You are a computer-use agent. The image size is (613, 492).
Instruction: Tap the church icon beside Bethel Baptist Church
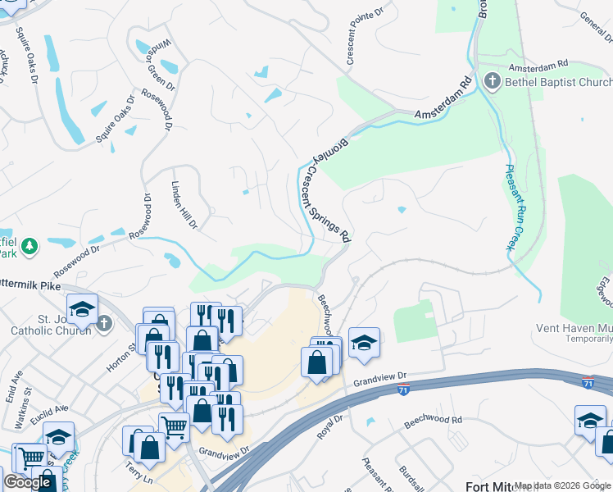coord(493,81)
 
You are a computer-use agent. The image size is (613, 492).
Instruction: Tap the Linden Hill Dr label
coord(184,205)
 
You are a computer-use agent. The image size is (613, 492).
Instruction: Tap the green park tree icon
coord(29,245)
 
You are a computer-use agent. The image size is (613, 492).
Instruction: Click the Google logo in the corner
coord(27,482)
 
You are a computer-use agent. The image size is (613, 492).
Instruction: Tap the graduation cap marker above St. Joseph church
coord(82,309)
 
